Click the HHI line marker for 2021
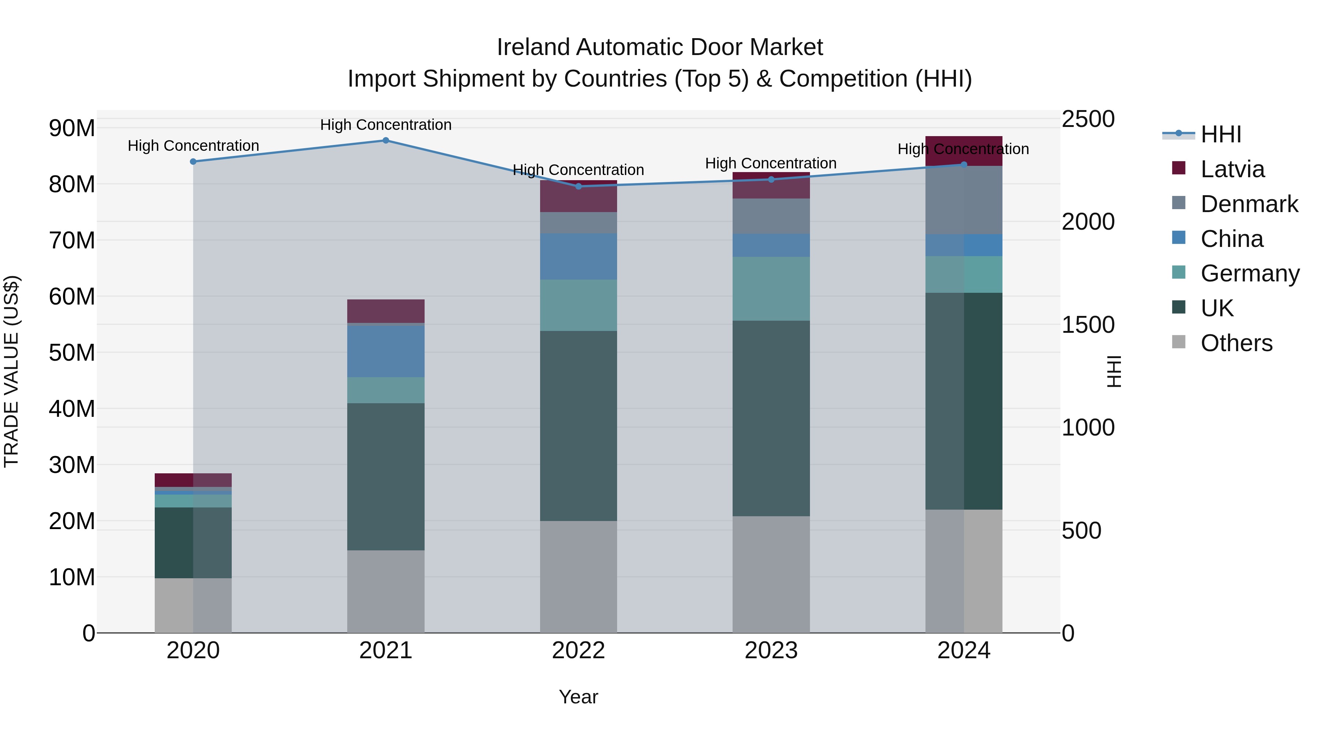click(386, 141)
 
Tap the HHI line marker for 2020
click(193, 161)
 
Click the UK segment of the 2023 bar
click(771, 418)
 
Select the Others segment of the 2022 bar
click(579, 576)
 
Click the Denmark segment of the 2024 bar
click(963, 200)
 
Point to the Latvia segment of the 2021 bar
click(386, 311)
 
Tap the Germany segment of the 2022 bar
click(579, 305)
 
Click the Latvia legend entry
click(1232, 169)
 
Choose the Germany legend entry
click(1249, 273)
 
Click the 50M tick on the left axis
click(72, 353)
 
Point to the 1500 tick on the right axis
click(1088, 325)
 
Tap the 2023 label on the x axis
click(771, 651)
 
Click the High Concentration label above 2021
click(386, 125)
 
